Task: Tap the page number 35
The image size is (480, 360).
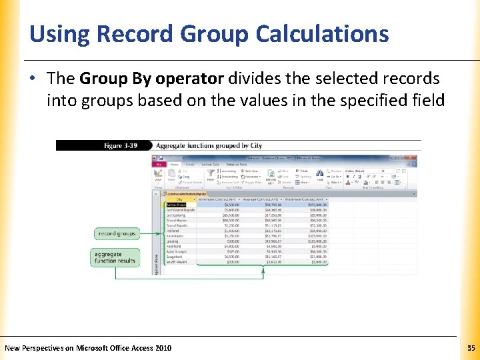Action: tap(471, 348)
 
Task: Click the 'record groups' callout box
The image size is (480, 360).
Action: tap(117, 234)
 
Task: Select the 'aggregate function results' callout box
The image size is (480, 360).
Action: tap(115, 257)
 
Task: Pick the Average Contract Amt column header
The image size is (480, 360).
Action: tap(261, 199)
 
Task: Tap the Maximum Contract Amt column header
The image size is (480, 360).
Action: tap(305, 199)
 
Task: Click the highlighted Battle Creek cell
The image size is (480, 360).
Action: tap(177, 205)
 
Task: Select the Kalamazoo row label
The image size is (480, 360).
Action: tap(175, 236)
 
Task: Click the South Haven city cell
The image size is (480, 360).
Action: tap(177, 262)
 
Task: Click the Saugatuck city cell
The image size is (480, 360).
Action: tap(175, 257)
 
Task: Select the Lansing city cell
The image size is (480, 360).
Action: tap(173, 241)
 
